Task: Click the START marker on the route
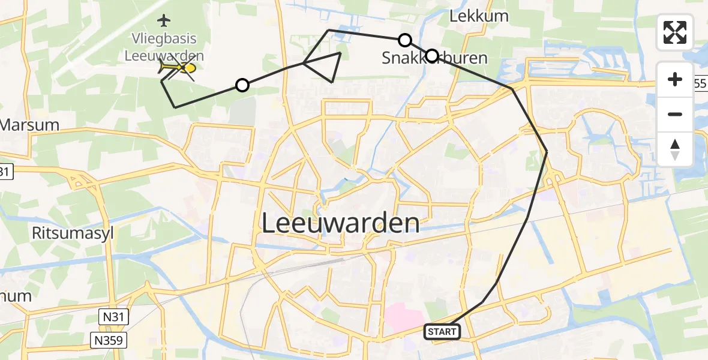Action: tap(442, 331)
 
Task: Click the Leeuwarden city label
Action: tap(341, 224)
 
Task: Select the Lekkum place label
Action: tap(479, 16)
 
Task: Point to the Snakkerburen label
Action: tap(426, 58)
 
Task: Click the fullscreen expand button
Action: tap(675, 32)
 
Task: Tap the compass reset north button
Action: tap(675, 149)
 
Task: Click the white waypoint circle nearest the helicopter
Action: tap(242, 85)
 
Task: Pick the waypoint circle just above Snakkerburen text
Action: tap(405, 40)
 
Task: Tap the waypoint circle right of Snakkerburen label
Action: tap(432, 56)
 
